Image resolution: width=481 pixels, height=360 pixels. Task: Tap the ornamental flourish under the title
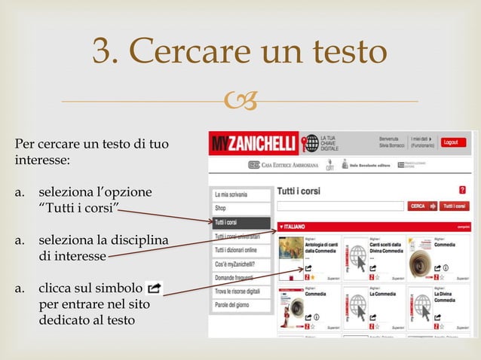[247, 102]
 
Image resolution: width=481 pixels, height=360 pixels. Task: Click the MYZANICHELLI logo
[254, 143]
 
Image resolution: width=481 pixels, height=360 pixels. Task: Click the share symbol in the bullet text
[154, 288]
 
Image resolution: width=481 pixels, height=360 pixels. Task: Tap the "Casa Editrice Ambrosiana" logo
[290, 164]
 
